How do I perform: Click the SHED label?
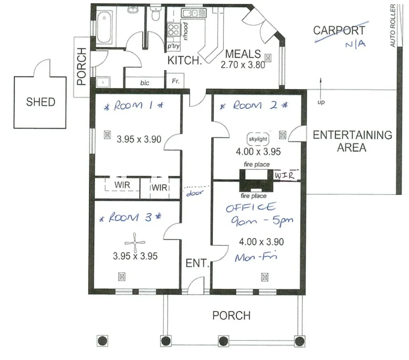pos(40,101)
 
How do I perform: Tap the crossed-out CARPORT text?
pos(339,31)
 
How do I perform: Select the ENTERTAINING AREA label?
pos(352,141)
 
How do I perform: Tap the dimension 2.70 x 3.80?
pos(243,64)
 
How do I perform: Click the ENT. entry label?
pos(197,263)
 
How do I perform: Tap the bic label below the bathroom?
pos(144,83)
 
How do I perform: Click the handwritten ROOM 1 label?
pos(132,106)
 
